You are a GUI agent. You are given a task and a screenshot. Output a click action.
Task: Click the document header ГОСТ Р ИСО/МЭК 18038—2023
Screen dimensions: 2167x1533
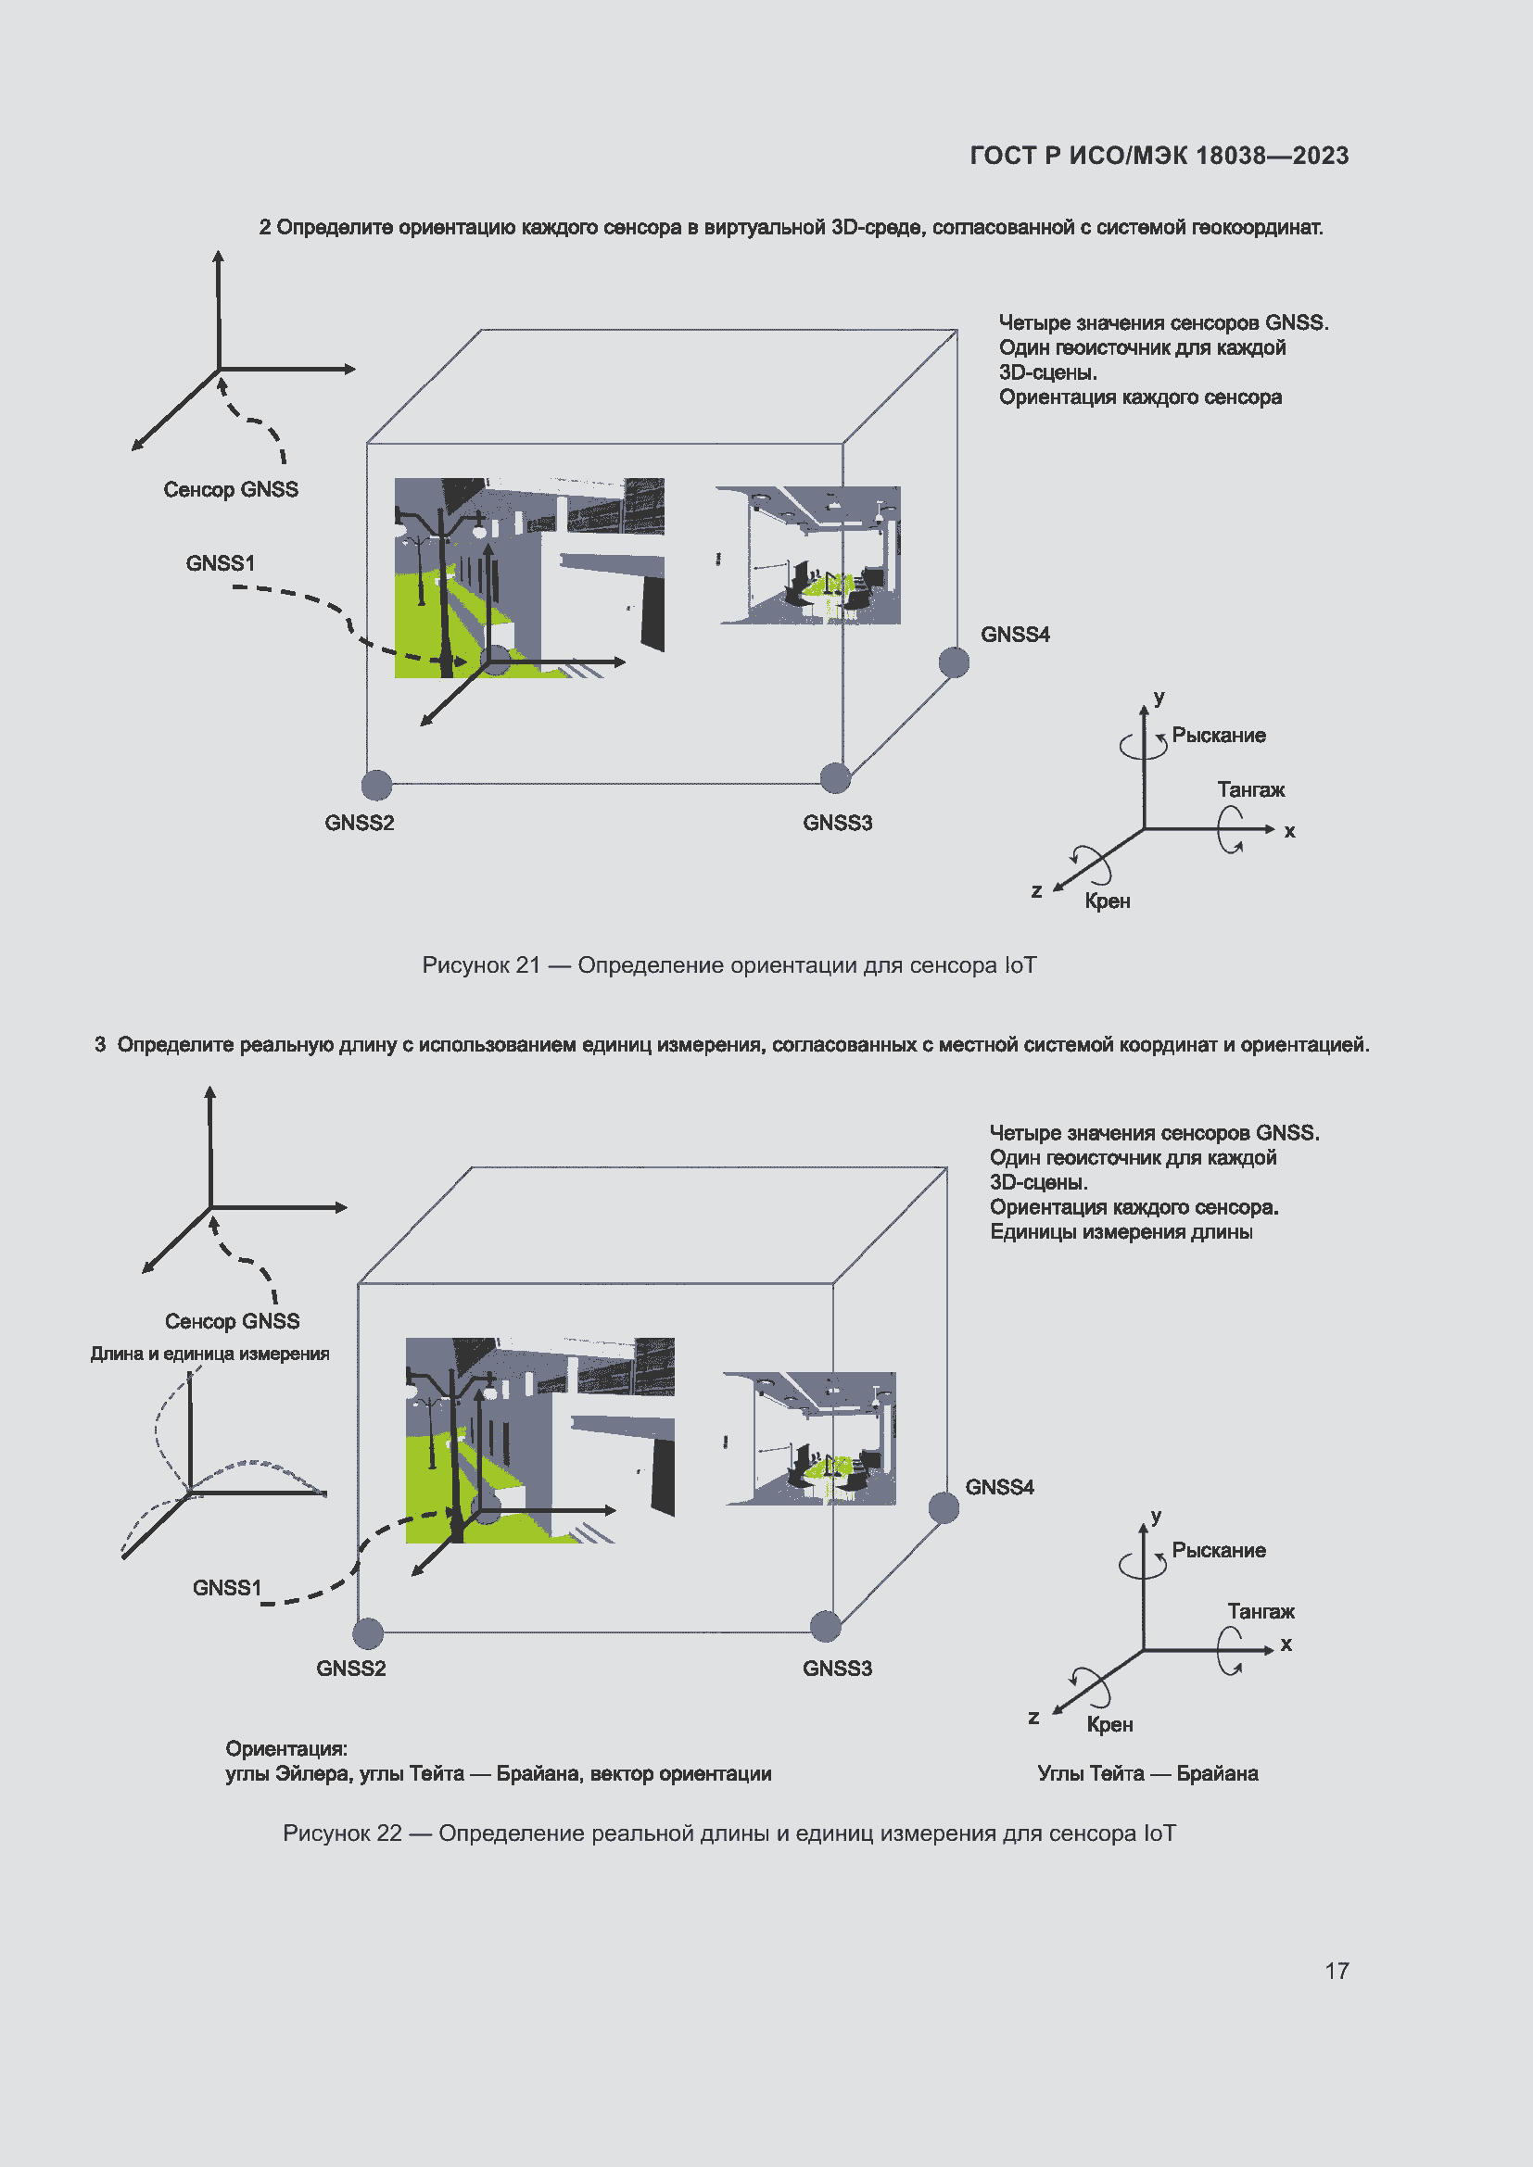tap(1159, 156)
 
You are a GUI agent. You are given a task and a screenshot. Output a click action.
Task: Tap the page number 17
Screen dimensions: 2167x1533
tap(1336, 1971)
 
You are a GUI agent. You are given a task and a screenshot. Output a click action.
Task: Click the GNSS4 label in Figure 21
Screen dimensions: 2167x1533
tap(1015, 635)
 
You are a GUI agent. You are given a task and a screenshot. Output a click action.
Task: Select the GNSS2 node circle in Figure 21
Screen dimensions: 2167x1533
tap(376, 785)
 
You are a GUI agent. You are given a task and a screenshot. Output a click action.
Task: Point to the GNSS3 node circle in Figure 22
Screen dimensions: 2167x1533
tap(825, 1626)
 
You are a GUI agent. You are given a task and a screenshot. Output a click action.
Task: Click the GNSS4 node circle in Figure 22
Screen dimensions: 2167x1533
tap(943, 1507)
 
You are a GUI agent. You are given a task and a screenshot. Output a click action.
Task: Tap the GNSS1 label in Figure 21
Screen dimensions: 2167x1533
tap(220, 563)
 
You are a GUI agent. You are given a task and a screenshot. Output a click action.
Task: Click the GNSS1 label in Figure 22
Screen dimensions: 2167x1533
tap(226, 1588)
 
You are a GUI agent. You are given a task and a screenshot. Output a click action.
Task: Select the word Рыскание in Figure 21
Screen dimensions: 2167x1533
tap(1218, 736)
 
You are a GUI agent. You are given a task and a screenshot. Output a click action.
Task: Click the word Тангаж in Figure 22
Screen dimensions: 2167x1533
tap(1261, 1611)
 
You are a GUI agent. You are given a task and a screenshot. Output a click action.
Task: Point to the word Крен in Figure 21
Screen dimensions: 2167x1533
tap(1108, 901)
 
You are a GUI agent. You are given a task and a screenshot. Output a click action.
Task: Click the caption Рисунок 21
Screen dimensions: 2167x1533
tap(728, 965)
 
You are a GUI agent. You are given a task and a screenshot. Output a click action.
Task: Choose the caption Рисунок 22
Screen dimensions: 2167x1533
tap(728, 1833)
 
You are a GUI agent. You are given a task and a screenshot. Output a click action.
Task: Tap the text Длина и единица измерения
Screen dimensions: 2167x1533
tap(209, 1354)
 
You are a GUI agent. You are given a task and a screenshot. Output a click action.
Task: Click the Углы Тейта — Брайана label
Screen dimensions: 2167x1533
tap(1147, 1773)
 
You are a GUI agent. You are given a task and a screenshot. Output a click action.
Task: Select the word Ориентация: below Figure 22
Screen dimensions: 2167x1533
tap(286, 1749)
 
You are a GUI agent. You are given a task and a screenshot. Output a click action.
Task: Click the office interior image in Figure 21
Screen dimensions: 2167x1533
tap(809, 555)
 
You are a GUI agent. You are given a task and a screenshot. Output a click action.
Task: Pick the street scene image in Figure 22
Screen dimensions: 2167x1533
tap(539, 1440)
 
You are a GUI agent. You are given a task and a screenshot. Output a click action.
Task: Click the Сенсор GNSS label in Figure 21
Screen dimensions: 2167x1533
tap(231, 490)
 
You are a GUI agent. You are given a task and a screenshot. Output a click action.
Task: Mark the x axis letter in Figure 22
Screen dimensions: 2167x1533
tap(1286, 1644)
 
